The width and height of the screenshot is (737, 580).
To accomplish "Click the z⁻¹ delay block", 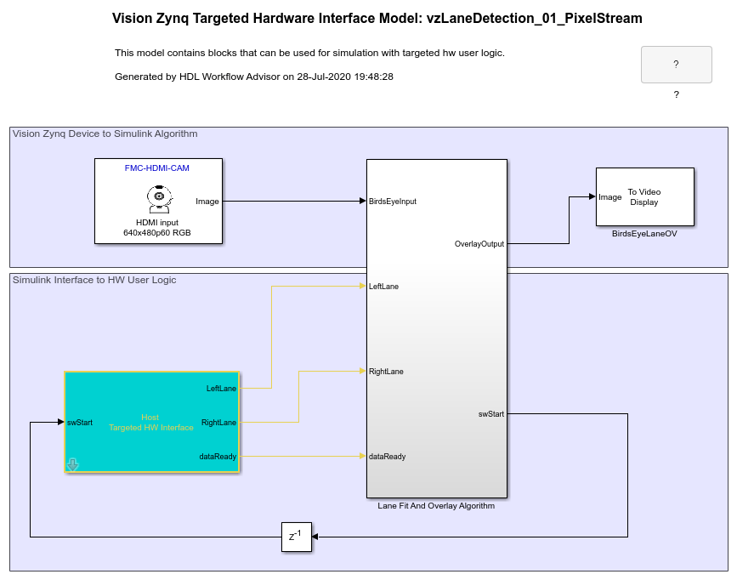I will pyautogui.click(x=297, y=537).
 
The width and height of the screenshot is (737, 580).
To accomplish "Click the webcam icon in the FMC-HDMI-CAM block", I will pyautogui.click(x=158, y=200).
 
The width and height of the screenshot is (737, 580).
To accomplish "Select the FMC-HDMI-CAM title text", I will pyautogui.click(x=158, y=168).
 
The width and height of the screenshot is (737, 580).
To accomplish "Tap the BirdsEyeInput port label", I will pyautogui.click(x=393, y=202).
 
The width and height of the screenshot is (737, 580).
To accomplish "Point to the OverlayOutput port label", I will pyautogui.click(x=479, y=244).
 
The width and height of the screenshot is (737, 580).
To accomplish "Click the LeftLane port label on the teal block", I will pyautogui.click(x=221, y=389).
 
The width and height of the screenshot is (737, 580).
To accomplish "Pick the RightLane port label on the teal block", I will pyautogui.click(x=218, y=423).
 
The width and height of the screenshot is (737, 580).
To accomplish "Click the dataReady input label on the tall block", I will pyautogui.click(x=387, y=457).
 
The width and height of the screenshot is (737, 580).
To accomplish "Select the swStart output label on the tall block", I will pyautogui.click(x=490, y=414).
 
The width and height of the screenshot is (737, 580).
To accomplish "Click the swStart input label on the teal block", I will pyautogui.click(x=80, y=423).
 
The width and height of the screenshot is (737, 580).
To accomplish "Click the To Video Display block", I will pyautogui.click(x=644, y=196).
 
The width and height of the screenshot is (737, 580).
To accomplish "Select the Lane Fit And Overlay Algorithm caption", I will pyautogui.click(x=436, y=506).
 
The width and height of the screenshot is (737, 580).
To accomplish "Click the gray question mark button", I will pyautogui.click(x=676, y=65).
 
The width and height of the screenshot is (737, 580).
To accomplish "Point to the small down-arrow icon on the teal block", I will pyautogui.click(x=73, y=464).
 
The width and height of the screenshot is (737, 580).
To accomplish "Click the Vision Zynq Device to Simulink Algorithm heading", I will pyautogui.click(x=105, y=134).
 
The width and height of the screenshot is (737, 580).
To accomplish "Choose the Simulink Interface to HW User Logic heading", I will pyautogui.click(x=94, y=280).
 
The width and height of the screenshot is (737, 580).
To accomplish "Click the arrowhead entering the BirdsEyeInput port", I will pyautogui.click(x=361, y=202).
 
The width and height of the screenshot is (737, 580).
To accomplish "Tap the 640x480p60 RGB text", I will pyautogui.click(x=157, y=232).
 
